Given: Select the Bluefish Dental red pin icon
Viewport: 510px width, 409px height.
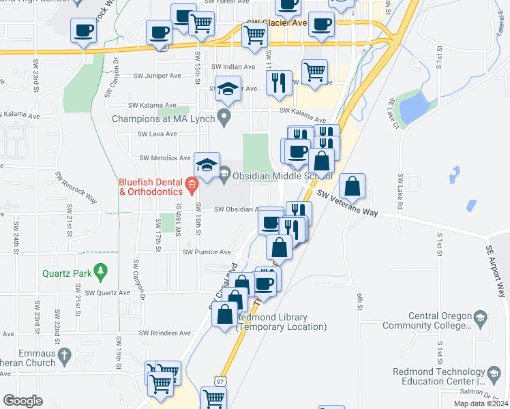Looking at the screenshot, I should pyautogui.click(x=192, y=183).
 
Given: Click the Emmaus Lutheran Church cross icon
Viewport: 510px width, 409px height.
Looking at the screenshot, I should pyautogui.click(x=64, y=354).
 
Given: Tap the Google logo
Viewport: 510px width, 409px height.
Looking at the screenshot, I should pyautogui.click(x=22, y=401).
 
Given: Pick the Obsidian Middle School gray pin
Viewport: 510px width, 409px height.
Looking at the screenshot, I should pyautogui.click(x=224, y=176).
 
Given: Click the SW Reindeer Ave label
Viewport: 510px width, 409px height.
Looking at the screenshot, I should pyautogui.click(x=166, y=333).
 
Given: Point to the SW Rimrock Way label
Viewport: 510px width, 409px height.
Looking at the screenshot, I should pyautogui.click(x=77, y=189).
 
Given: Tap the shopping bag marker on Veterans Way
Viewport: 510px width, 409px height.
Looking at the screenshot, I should pyautogui.click(x=352, y=186).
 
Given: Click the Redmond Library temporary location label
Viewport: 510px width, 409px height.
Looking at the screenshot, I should pyautogui.click(x=282, y=322).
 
